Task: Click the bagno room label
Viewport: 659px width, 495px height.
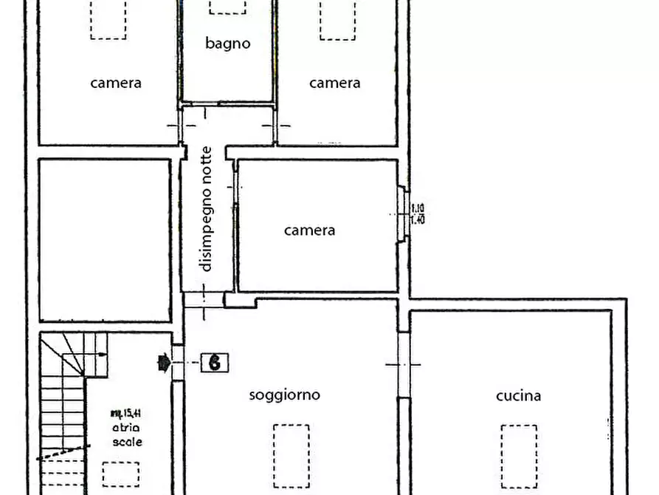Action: [227, 43]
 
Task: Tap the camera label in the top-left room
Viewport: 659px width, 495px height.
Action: [116, 83]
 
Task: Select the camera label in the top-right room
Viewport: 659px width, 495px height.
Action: [334, 83]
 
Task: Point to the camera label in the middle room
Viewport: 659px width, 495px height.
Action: [310, 230]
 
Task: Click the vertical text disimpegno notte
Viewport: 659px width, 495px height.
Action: [206, 209]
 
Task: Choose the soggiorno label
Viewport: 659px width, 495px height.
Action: [285, 395]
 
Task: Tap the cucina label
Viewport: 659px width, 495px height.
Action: [518, 395]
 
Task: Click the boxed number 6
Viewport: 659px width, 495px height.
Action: [215, 362]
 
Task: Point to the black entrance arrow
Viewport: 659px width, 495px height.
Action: [162, 362]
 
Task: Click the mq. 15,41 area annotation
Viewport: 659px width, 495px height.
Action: [127, 413]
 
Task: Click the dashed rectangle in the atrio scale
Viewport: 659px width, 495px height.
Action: [120, 473]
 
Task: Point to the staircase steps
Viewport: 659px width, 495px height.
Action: [63, 414]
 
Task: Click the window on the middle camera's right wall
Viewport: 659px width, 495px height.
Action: [402, 214]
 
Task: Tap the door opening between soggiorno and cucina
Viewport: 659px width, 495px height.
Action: [403, 364]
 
